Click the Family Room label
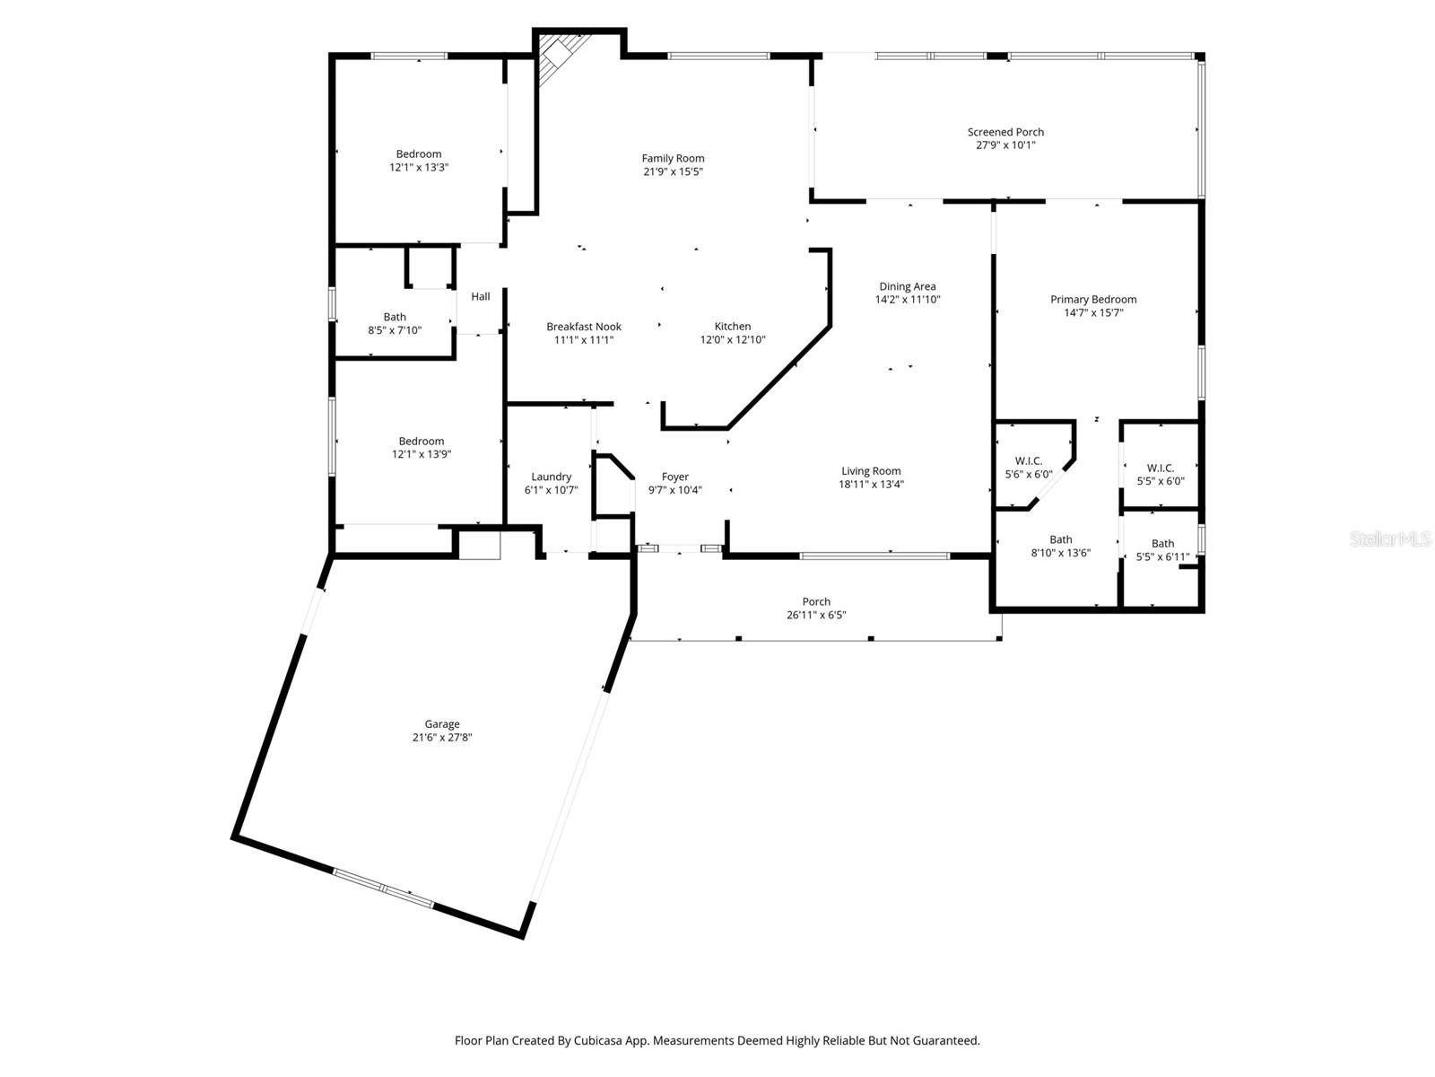673,158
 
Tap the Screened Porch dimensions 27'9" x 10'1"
1005,145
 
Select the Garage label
442,724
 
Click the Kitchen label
732,327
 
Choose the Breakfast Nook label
584,327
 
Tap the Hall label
481,296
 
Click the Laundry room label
551,477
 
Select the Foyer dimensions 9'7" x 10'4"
675,490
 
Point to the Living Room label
871,471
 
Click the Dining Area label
908,286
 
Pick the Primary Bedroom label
1093,300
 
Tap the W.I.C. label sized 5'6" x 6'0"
1029,461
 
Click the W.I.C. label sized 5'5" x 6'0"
1161,468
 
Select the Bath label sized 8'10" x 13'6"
1060,539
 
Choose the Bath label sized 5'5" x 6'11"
1162,543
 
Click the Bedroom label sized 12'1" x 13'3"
419,154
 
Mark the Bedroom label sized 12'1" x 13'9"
421,442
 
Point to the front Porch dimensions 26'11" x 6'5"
816,615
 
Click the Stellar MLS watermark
1390,538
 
